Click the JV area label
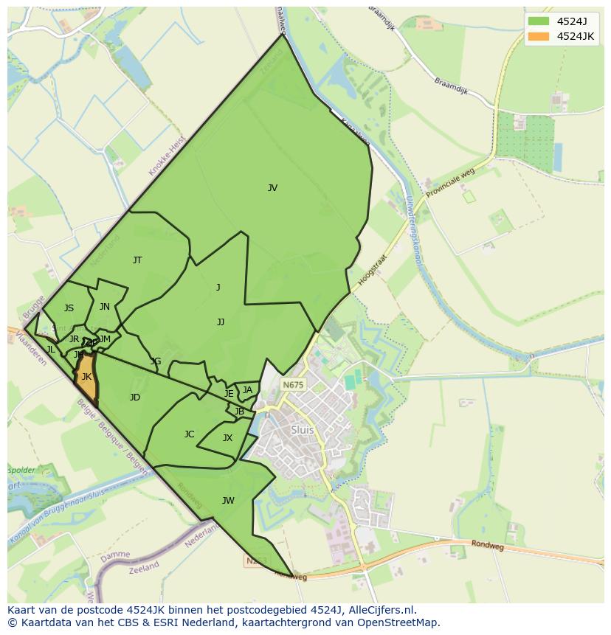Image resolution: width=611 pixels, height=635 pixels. point(272,188)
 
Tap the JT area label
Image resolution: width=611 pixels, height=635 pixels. point(137,260)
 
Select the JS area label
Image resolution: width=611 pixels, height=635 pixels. point(69,308)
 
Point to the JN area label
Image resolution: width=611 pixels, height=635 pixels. point(105,307)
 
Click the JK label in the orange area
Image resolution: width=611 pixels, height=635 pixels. point(86,377)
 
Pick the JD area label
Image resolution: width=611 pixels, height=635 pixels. point(135,398)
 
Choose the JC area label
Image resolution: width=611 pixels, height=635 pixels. point(189,434)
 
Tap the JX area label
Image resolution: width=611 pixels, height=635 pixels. point(227,438)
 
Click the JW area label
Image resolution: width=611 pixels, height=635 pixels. point(228,501)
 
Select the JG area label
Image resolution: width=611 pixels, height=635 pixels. point(156,361)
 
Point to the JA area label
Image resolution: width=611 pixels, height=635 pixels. point(247,390)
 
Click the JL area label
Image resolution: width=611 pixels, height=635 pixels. point(51,350)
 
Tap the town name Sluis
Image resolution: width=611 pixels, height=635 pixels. point(303,430)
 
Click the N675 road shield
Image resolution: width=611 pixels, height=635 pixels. point(293,385)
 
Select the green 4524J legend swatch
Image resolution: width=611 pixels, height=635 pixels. point(539,21)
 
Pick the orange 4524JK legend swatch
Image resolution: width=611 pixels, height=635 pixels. point(539,36)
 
